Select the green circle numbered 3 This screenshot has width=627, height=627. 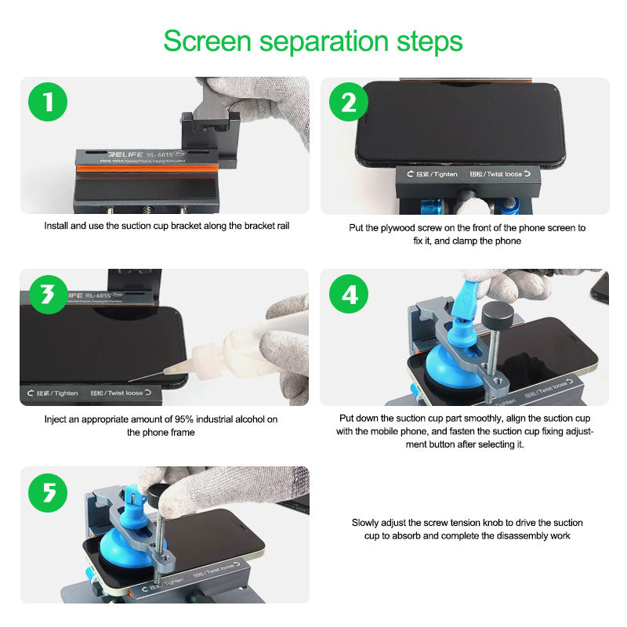coord(48,295)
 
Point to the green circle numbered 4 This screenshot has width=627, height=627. coord(348,295)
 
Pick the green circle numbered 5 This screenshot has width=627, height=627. coord(48,492)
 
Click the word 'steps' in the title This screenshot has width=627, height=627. coord(427,41)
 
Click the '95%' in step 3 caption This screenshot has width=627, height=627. coord(179,419)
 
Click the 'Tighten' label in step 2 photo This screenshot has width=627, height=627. coord(437,173)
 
